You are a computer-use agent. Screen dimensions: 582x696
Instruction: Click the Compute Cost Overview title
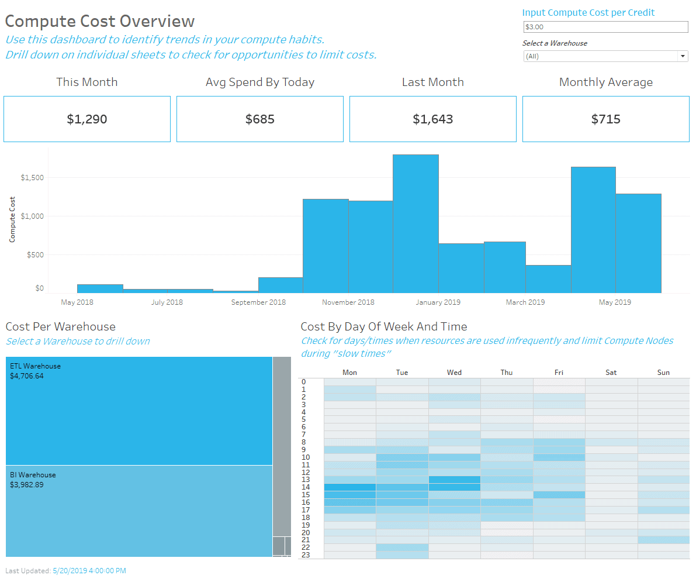(100, 21)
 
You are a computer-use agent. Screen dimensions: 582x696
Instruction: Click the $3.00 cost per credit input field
(605, 27)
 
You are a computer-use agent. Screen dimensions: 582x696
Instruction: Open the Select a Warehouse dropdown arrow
(683, 56)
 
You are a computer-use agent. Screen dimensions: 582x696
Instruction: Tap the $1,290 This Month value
(87, 119)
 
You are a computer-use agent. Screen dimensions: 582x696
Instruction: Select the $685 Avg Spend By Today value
(260, 119)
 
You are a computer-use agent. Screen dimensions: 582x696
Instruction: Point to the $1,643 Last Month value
(432, 119)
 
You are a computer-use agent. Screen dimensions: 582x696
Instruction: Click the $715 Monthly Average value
(605, 119)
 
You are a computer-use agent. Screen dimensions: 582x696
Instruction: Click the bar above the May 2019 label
(638, 243)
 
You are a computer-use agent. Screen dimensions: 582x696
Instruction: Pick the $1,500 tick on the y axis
(32, 177)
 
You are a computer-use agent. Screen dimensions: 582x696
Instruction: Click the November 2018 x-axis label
(348, 302)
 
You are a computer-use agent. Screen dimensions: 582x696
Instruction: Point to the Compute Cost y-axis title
(12, 219)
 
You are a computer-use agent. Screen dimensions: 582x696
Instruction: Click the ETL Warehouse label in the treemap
(35, 366)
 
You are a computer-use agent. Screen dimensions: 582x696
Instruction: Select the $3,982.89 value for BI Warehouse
(27, 485)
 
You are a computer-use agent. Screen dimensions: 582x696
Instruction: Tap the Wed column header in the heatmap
(454, 373)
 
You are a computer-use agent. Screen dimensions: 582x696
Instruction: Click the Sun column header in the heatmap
(663, 373)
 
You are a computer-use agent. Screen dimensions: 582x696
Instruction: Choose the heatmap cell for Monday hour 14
(350, 487)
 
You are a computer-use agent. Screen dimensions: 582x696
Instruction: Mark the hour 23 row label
(306, 555)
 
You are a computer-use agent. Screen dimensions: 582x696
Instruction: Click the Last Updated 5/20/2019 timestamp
(89, 571)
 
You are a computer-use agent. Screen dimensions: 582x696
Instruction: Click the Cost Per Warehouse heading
(61, 327)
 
